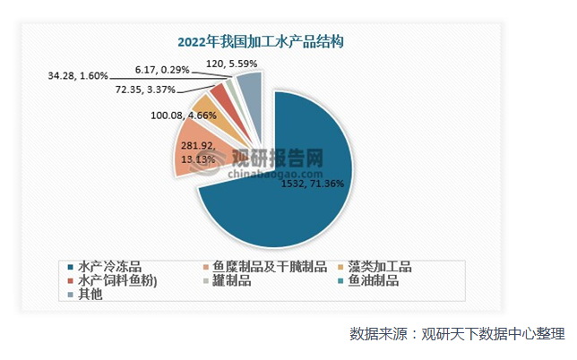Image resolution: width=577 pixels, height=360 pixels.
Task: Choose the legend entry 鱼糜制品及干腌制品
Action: coord(265,267)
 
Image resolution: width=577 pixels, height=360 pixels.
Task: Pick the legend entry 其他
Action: coord(90,294)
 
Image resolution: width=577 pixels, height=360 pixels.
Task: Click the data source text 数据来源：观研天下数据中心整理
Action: coord(456,334)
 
